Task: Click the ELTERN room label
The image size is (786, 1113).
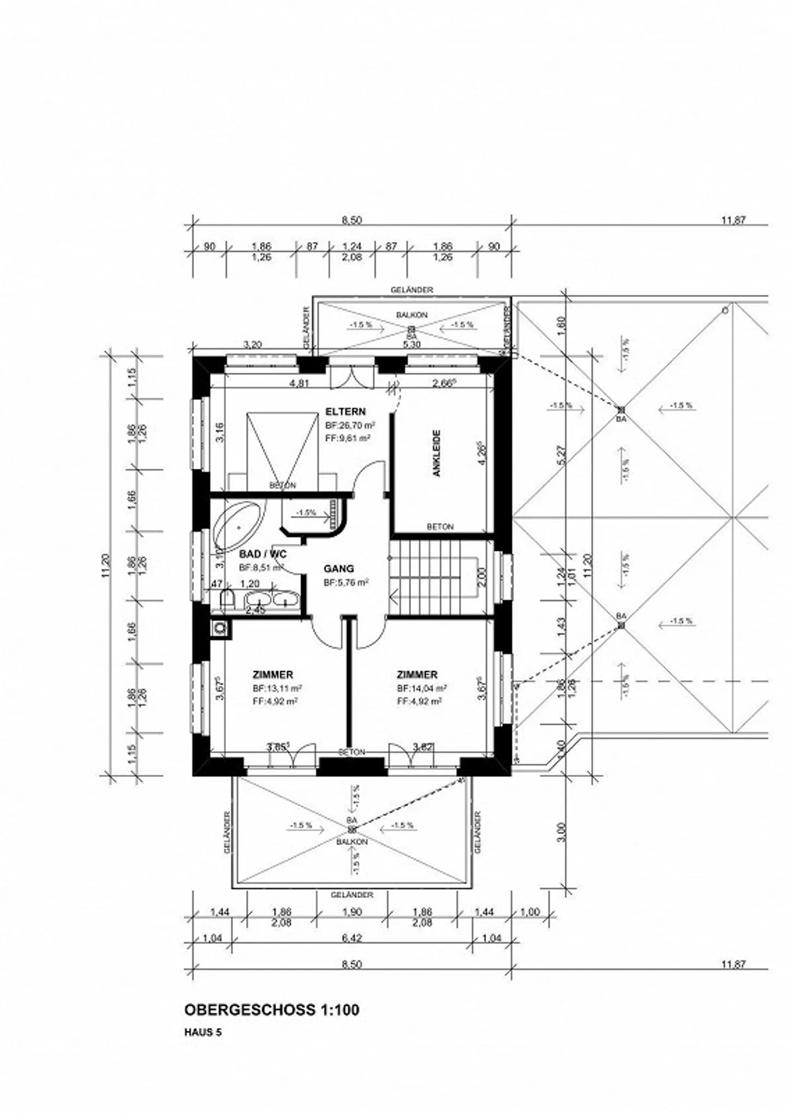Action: coord(345,411)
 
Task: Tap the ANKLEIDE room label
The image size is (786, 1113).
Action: coord(437,454)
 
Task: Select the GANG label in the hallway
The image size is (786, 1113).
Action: coord(338,568)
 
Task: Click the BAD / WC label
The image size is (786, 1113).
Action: coord(263,554)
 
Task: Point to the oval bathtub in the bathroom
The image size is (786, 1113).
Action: coord(238,526)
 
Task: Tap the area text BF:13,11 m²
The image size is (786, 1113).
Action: coord(277,688)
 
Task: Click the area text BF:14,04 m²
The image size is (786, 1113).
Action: coord(422,688)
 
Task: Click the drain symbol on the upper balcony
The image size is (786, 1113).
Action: coord(412,329)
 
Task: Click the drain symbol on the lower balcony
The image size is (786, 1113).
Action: coord(352,830)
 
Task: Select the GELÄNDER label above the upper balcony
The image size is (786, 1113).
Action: coord(412,290)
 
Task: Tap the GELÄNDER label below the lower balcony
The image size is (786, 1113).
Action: coord(352,895)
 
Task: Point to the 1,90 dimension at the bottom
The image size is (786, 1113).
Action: coord(352,911)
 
